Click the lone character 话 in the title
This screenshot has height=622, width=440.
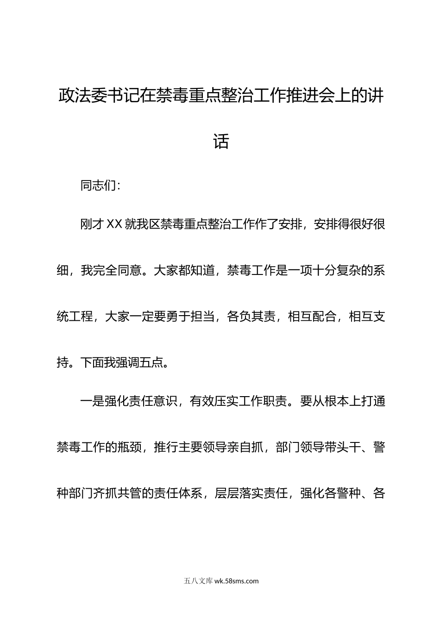click(221, 141)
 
